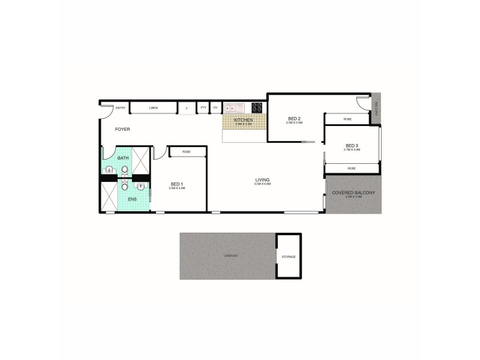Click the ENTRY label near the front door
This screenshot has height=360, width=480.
(x=121, y=108)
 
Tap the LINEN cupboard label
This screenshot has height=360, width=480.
(x=154, y=108)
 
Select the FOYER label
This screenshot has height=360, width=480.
(x=123, y=129)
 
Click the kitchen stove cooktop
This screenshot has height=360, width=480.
(x=257, y=108)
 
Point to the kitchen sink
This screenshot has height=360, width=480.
(x=233, y=109)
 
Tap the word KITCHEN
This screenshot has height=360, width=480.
(x=244, y=120)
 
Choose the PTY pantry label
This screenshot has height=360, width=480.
(x=203, y=108)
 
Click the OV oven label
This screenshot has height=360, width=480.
(x=215, y=108)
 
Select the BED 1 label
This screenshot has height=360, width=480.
(x=176, y=184)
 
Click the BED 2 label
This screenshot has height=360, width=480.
(x=294, y=118)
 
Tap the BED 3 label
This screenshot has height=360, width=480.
(x=352, y=145)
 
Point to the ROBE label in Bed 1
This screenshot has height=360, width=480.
(x=187, y=152)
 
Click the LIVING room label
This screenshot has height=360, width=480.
(x=262, y=179)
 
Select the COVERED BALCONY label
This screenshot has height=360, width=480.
(x=353, y=192)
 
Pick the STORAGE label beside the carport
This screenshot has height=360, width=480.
(x=289, y=257)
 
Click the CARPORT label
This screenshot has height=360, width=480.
(x=231, y=256)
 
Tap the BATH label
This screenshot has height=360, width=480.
(x=123, y=158)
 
